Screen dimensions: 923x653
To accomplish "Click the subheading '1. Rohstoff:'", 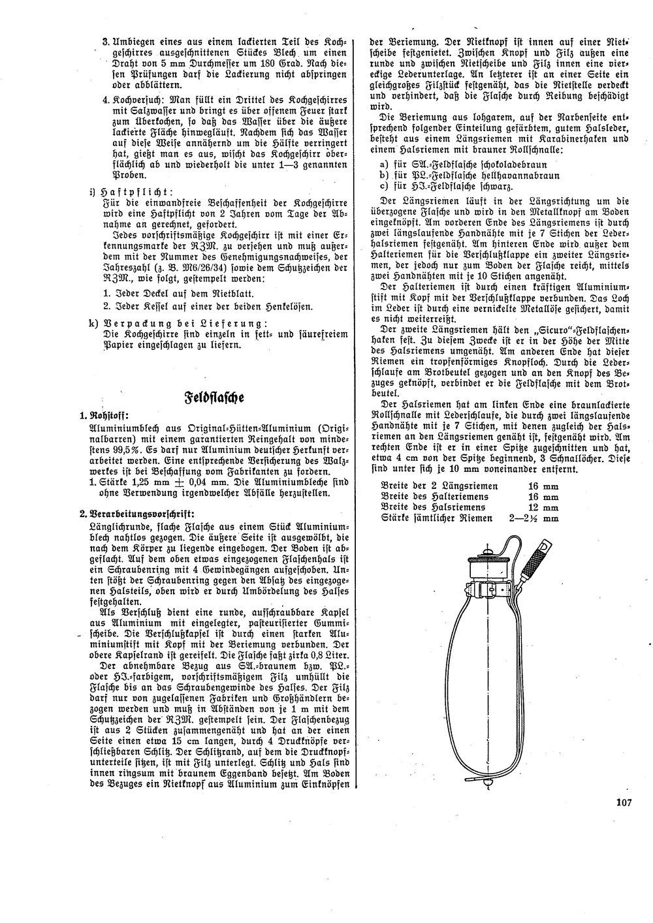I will click(x=104, y=416).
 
